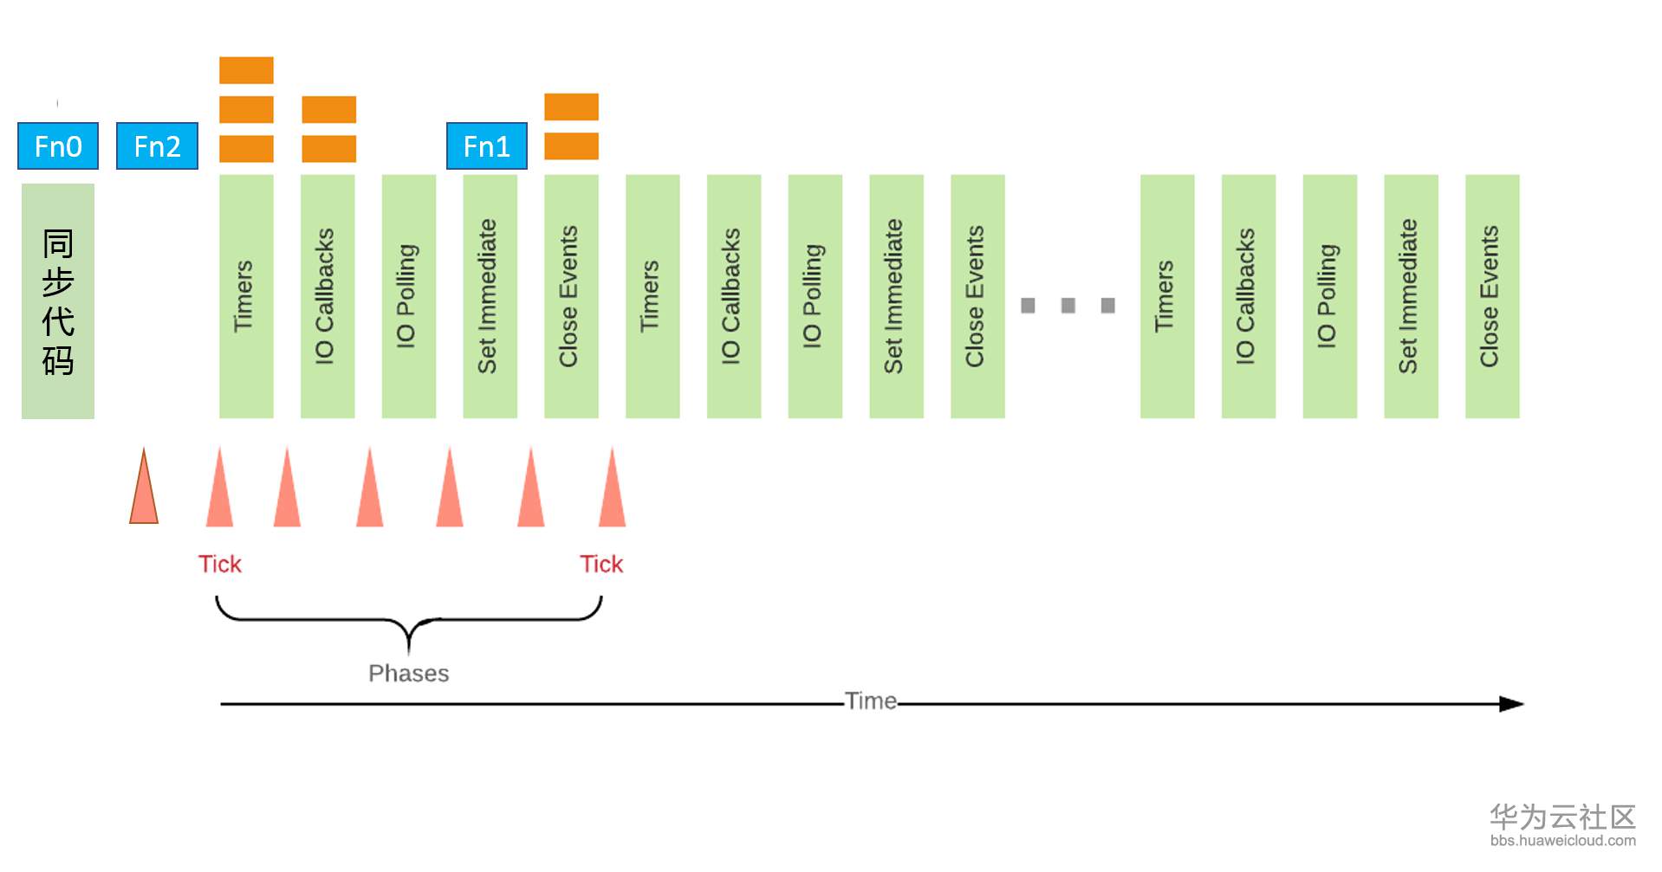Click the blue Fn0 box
(58, 146)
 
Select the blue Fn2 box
(157, 146)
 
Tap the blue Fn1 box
(486, 146)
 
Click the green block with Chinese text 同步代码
(58, 300)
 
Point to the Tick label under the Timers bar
(219, 565)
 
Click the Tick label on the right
(601, 565)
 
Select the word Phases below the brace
(408, 674)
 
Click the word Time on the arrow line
(871, 701)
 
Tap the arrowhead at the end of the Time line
(1511, 704)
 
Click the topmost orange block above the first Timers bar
(246, 70)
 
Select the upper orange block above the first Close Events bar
(571, 107)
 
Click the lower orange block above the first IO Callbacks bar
(328, 149)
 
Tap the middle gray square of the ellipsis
(1068, 306)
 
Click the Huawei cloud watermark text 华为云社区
(1562, 817)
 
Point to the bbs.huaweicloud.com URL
(1562, 841)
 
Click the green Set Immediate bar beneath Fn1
(490, 296)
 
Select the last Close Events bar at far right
(1491, 296)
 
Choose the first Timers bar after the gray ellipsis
(1166, 296)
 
